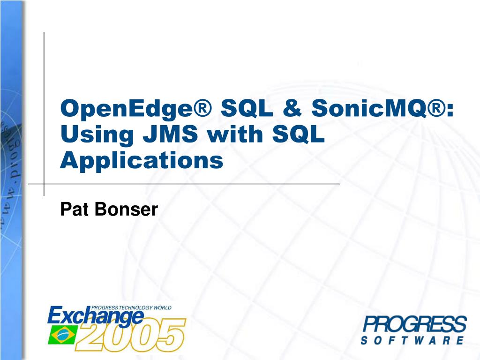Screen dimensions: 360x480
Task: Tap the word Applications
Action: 142,161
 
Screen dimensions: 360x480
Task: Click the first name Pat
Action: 75,209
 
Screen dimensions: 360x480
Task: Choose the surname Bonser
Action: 126,209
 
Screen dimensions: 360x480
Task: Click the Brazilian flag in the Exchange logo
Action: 61,336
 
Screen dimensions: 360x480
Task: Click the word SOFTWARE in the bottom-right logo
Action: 412,340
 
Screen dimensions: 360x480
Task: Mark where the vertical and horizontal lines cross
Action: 44,184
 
